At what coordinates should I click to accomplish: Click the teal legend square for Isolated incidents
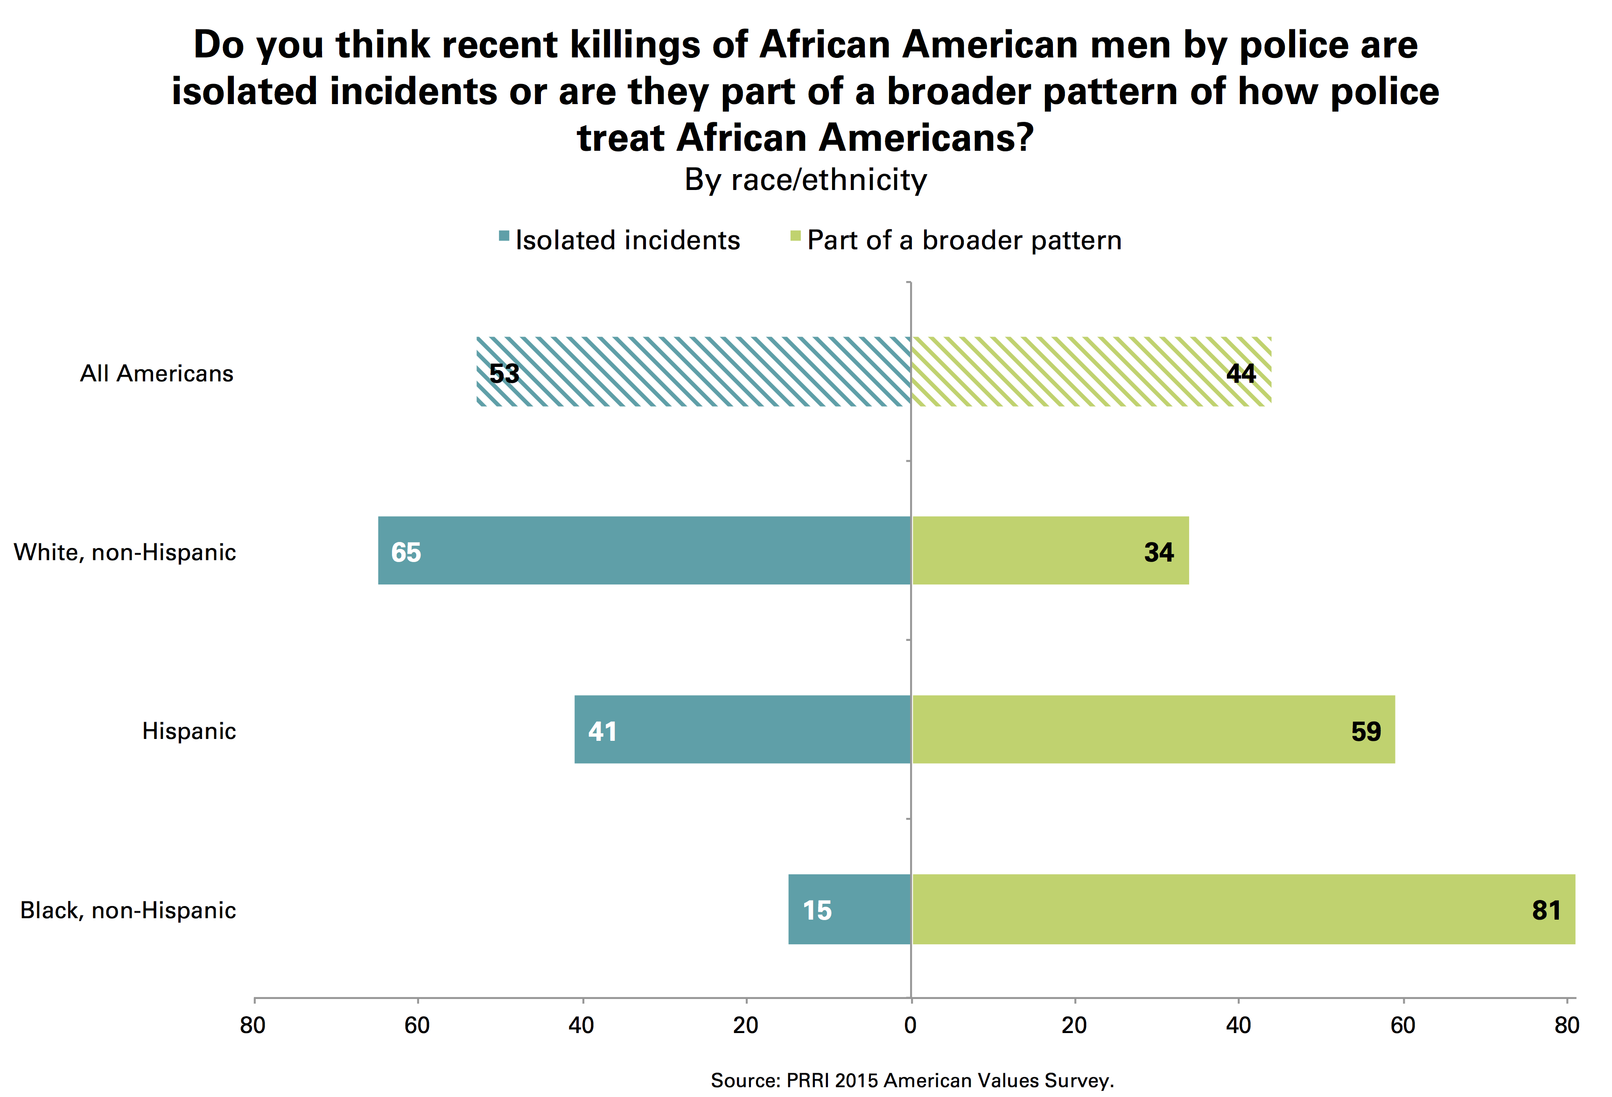tap(504, 237)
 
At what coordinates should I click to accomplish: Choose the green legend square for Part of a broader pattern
tap(796, 237)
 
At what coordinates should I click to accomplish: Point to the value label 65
tap(406, 552)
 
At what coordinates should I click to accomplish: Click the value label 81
tap(1546, 910)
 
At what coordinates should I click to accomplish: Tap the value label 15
tap(817, 910)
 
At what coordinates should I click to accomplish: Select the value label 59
tap(1366, 731)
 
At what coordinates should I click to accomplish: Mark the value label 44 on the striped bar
tap(1241, 373)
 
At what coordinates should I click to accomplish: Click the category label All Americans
tap(157, 373)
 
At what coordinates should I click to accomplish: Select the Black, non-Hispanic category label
tap(128, 910)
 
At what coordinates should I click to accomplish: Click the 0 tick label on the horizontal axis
tap(910, 1025)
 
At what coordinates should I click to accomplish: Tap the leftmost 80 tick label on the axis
tap(253, 1025)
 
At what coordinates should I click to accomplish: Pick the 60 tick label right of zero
tap(1402, 1025)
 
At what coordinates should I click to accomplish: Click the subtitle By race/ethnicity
tap(806, 180)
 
